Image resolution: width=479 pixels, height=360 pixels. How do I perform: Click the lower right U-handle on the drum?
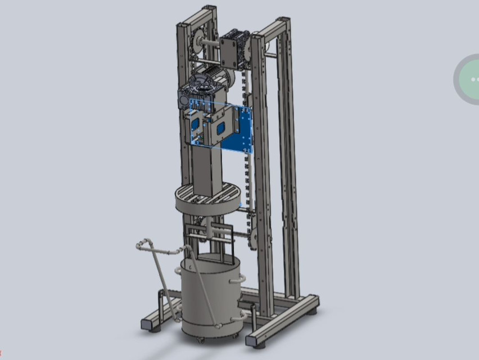(x=237, y=317)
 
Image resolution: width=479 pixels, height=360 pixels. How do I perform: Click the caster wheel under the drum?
(x=200, y=339)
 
